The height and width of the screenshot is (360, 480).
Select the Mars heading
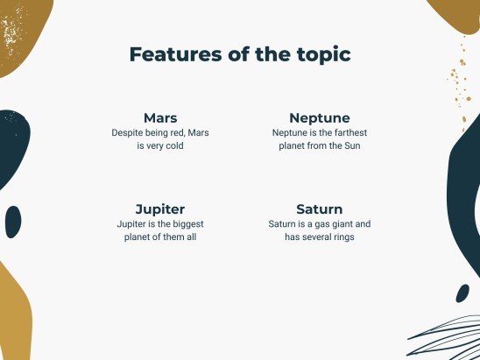coord(160,117)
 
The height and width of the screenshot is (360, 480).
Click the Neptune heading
coord(320,117)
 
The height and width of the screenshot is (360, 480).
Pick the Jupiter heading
coord(160,209)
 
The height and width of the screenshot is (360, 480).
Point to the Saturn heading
coord(320,209)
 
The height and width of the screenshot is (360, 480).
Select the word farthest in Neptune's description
coord(342,132)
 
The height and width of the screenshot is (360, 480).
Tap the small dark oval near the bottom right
coord(462,293)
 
